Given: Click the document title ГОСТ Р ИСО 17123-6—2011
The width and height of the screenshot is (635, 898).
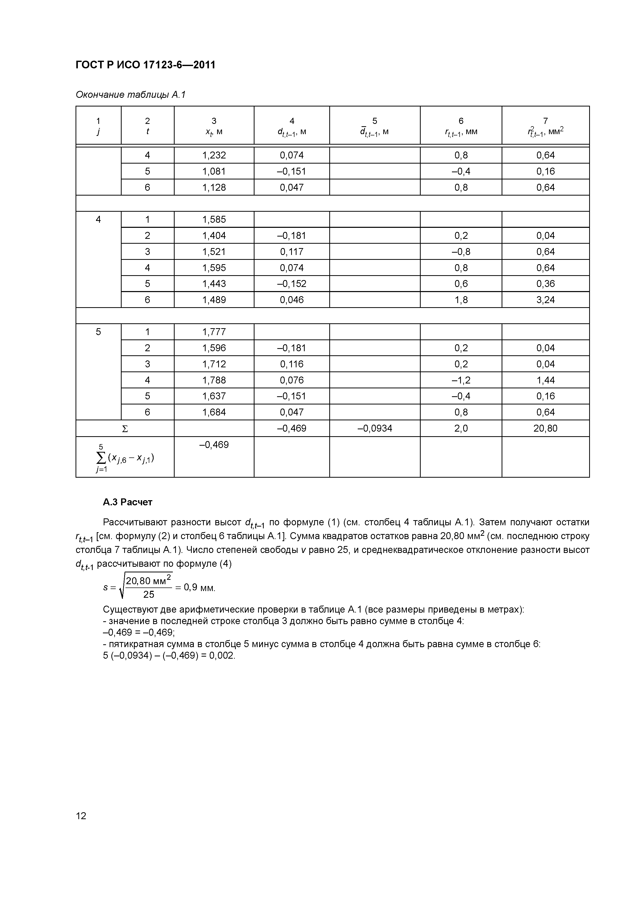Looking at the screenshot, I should click(x=145, y=65).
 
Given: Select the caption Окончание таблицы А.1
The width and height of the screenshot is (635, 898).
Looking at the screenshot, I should click(x=130, y=95).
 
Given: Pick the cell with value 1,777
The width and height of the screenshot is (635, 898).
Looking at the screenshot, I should click(x=214, y=332).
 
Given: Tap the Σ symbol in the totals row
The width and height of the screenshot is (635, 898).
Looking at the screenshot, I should click(x=125, y=429).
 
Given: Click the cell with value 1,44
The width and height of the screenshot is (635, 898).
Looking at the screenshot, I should click(x=545, y=380).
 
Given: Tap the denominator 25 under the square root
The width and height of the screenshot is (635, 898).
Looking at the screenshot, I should click(x=149, y=594).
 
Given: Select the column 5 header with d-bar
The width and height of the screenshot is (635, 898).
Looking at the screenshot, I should click(x=374, y=126).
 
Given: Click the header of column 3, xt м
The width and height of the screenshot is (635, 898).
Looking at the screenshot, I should click(x=214, y=126).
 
